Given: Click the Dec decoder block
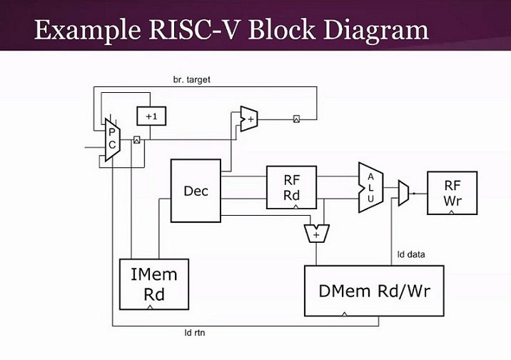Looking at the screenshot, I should (196, 191).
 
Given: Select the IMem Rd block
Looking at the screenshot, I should (153, 284).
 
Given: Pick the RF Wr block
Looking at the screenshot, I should (452, 193).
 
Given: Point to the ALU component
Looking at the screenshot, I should (370, 187).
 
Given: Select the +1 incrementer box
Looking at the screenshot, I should (150, 116).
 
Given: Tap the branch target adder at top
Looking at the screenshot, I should (249, 119).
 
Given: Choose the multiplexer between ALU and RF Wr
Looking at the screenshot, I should (403, 193).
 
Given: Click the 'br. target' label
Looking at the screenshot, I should (192, 79).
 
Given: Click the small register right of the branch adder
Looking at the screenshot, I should (296, 118).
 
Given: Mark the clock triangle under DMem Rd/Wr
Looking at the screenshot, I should (344, 313).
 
